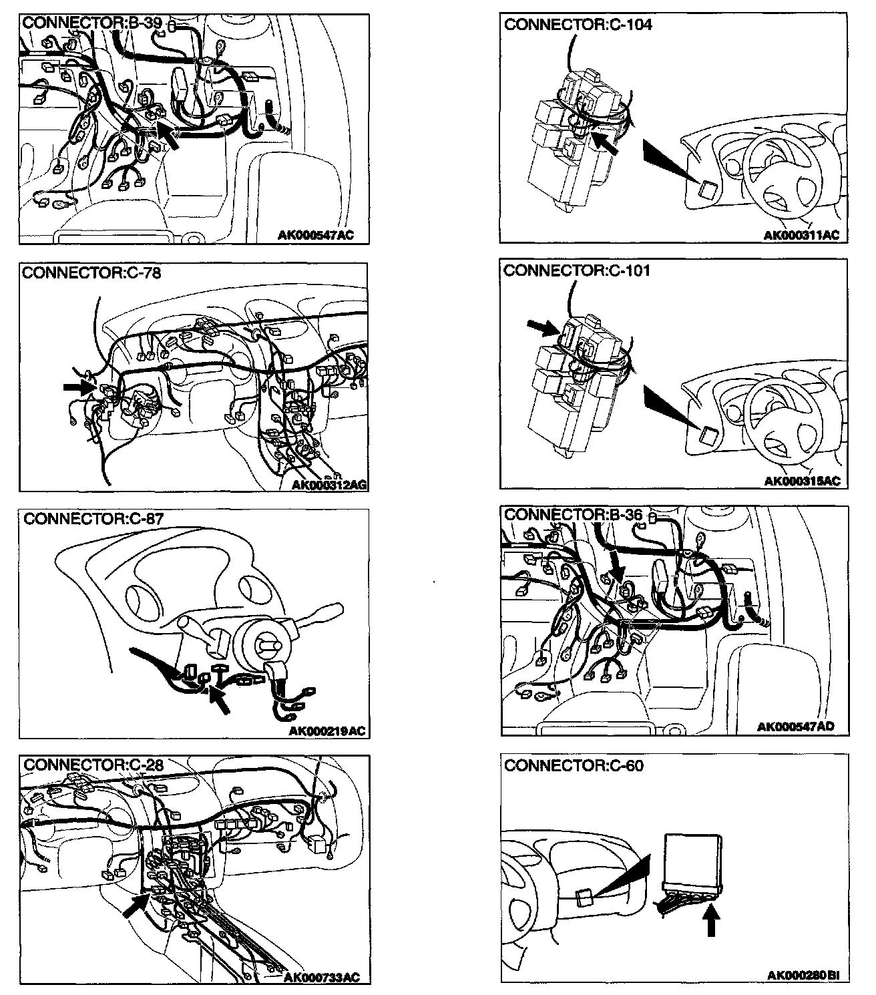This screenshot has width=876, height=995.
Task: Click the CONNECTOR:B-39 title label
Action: click(x=92, y=23)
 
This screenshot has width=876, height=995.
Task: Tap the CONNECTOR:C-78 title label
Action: click(x=91, y=272)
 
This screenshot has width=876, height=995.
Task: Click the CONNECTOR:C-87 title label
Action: click(x=93, y=518)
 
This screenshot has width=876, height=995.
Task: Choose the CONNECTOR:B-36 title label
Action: click(x=573, y=515)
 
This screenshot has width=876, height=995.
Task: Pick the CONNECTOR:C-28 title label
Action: click(x=93, y=765)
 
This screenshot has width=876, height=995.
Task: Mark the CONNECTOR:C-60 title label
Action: click(x=574, y=765)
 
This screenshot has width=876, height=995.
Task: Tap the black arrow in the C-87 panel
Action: click(x=220, y=700)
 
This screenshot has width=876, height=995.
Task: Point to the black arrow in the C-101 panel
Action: click(x=543, y=327)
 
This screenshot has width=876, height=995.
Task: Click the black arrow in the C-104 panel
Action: click(x=606, y=143)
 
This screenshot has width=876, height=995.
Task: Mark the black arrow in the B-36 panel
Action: click(x=617, y=564)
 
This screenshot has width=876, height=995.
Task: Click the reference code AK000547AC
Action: click(x=316, y=235)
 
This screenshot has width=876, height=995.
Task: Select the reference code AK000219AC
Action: click(x=327, y=731)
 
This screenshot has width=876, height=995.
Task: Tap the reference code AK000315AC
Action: click(x=801, y=481)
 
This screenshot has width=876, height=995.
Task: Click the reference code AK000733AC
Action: click(x=322, y=978)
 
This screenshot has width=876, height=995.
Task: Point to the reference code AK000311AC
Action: click(x=801, y=235)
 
